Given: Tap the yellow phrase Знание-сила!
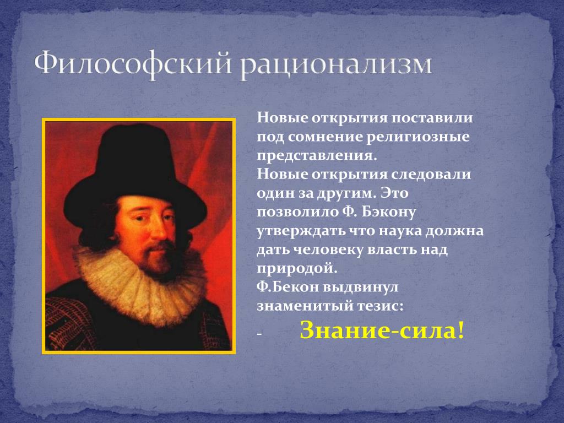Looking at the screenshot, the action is click(x=382, y=330).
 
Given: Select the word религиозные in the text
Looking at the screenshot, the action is click(x=418, y=137).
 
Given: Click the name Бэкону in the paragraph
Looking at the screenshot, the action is click(x=388, y=211).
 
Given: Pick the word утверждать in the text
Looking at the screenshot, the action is click(x=301, y=231).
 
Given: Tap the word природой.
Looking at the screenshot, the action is click(x=297, y=268).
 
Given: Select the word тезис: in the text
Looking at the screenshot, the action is click(x=380, y=306).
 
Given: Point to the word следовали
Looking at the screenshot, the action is click(x=431, y=175).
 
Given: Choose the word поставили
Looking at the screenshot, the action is click(x=432, y=118).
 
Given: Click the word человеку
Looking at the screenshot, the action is click(x=328, y=250).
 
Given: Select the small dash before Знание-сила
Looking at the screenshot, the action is click(x=259, y=334).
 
